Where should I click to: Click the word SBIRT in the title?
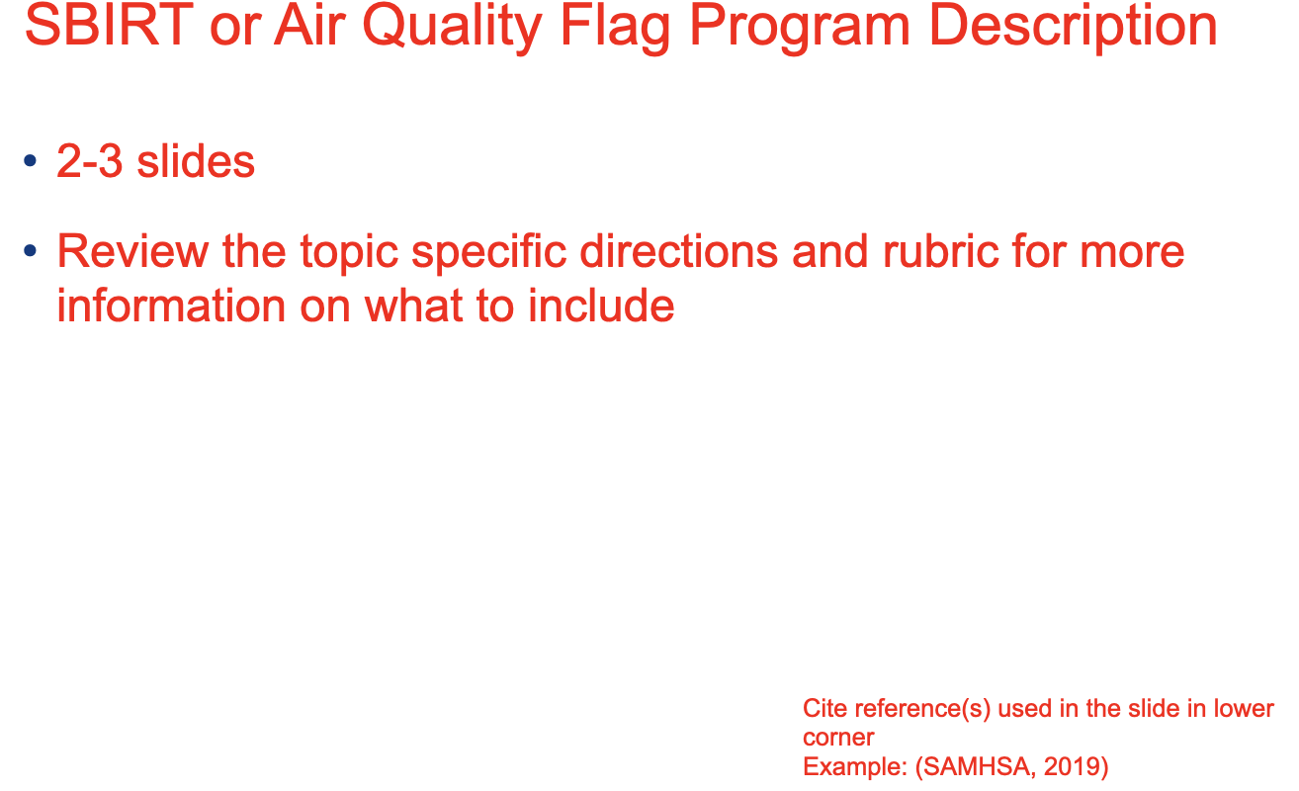click(110, 25)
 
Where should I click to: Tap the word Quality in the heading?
click(453, 28)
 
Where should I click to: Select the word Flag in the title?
click(615, 28)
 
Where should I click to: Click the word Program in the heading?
click(801, 28)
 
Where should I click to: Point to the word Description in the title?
click(1074, 28)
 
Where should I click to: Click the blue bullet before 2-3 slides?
click(31, 160)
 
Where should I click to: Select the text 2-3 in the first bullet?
click(90, 160)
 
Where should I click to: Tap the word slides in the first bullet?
click(196, 160)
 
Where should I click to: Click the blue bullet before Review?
click(31, 250)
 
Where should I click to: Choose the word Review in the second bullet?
click(132, 251)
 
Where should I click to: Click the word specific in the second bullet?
click(489, 253)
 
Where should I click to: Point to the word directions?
click(679, 251)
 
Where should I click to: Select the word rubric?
click(940, 251)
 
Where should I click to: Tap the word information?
click(171, 306)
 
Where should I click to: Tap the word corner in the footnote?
click(838, 739)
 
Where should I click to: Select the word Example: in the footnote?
click(855, 766)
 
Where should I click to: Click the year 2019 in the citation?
click(1076, 766)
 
